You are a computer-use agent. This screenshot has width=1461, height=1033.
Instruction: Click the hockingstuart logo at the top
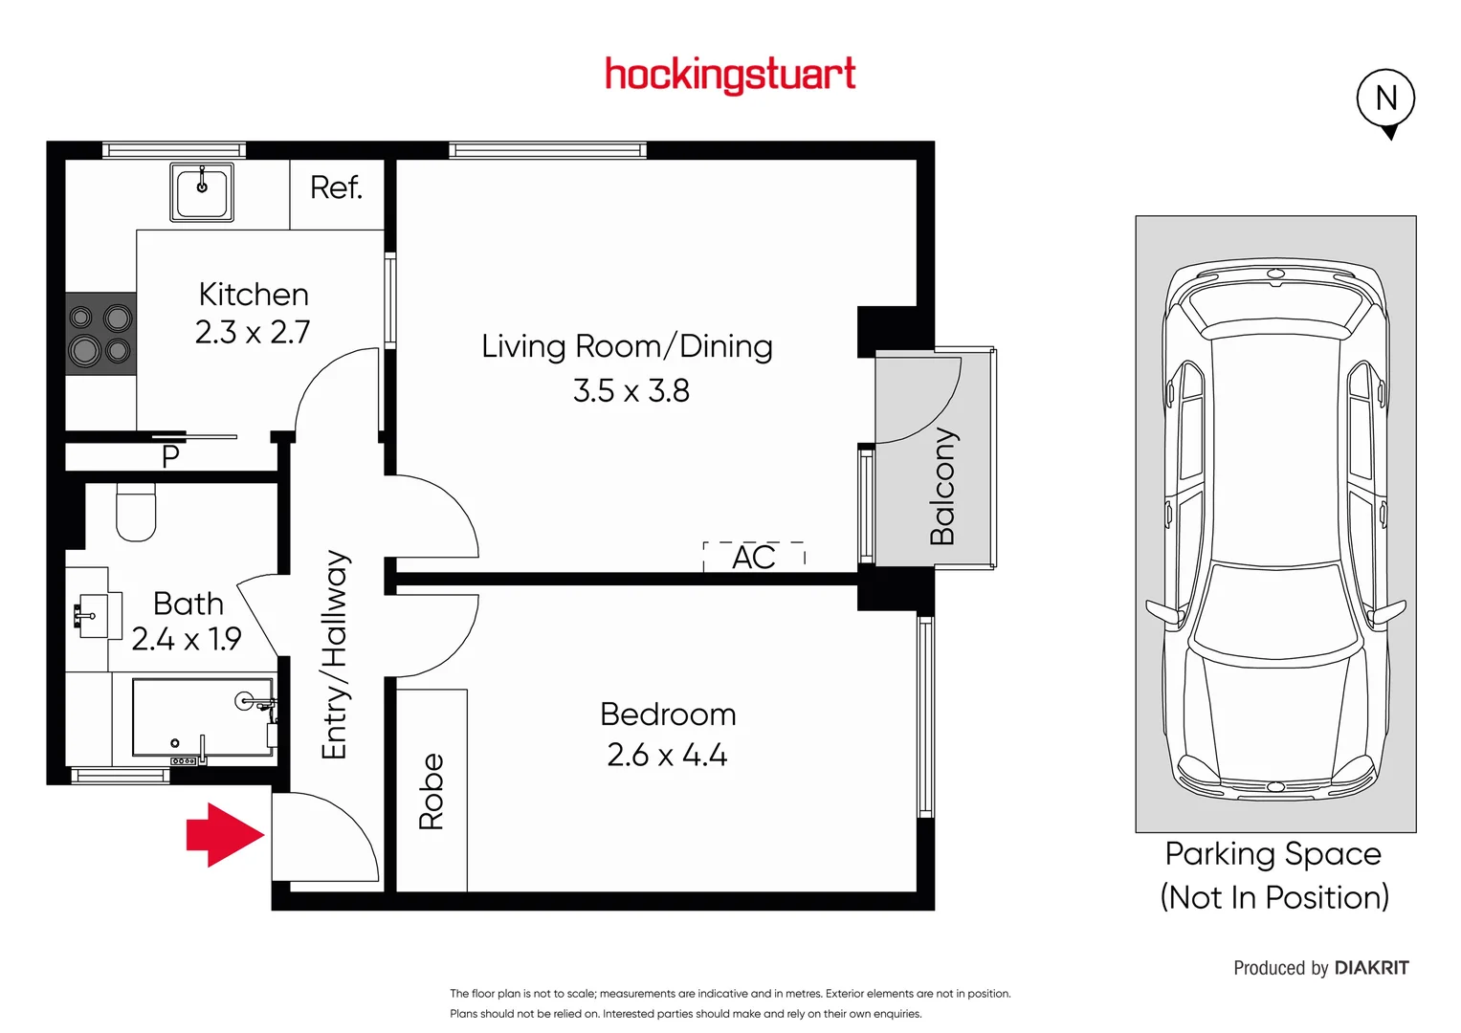(730, 75)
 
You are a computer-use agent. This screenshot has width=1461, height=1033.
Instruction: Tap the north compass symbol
(1385, 99)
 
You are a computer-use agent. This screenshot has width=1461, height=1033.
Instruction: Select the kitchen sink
(202, 192)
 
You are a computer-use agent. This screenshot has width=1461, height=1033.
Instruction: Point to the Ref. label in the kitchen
(337, 187)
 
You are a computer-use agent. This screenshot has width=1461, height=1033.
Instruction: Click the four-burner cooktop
(100, 334)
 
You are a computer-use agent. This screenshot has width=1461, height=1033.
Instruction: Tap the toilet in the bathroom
(136, 512)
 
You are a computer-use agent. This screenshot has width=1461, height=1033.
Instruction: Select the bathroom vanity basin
(93, 615)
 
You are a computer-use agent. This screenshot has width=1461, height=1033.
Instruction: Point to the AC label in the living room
(754, 557)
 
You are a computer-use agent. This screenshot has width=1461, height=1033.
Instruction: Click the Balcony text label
(942, 486)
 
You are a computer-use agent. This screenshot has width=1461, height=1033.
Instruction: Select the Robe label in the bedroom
(432, 791)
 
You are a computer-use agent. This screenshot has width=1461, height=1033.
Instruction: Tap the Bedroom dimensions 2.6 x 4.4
(667, 756)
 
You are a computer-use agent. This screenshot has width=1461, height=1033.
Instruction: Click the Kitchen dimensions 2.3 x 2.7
(253, 333)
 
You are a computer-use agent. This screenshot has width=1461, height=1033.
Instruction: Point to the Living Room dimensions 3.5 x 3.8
(631, 391)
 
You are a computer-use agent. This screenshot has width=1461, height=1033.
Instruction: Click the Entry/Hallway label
(334, 654)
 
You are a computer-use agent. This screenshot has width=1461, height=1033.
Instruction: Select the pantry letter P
(170, 457)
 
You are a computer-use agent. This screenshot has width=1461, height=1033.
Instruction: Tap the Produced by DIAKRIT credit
(1320, 968)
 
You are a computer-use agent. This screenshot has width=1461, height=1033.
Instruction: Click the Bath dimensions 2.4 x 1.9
(187, 639)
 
